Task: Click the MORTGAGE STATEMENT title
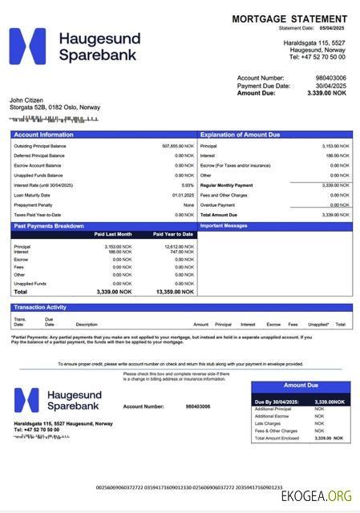click(x=289, y=18)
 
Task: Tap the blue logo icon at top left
click(x=27, y=46)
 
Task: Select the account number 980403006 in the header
click(x=330, y=78)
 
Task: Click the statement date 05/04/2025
click(x=330, y=28)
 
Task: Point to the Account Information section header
click(x=43, y=135)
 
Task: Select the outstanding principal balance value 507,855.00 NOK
click(x=178, y=146)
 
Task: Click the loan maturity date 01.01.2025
click(x=183, y=195)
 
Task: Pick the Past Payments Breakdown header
click(x=49, y=226)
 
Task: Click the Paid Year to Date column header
click(x=173, y=234)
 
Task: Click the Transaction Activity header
click(x=40, y=307)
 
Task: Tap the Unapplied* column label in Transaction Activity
click(x=318, y=324)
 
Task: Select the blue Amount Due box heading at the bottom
click(x=301, y=386)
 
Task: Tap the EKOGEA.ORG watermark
click(x=316, y=496)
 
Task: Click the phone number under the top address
click(x=318, y=57)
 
